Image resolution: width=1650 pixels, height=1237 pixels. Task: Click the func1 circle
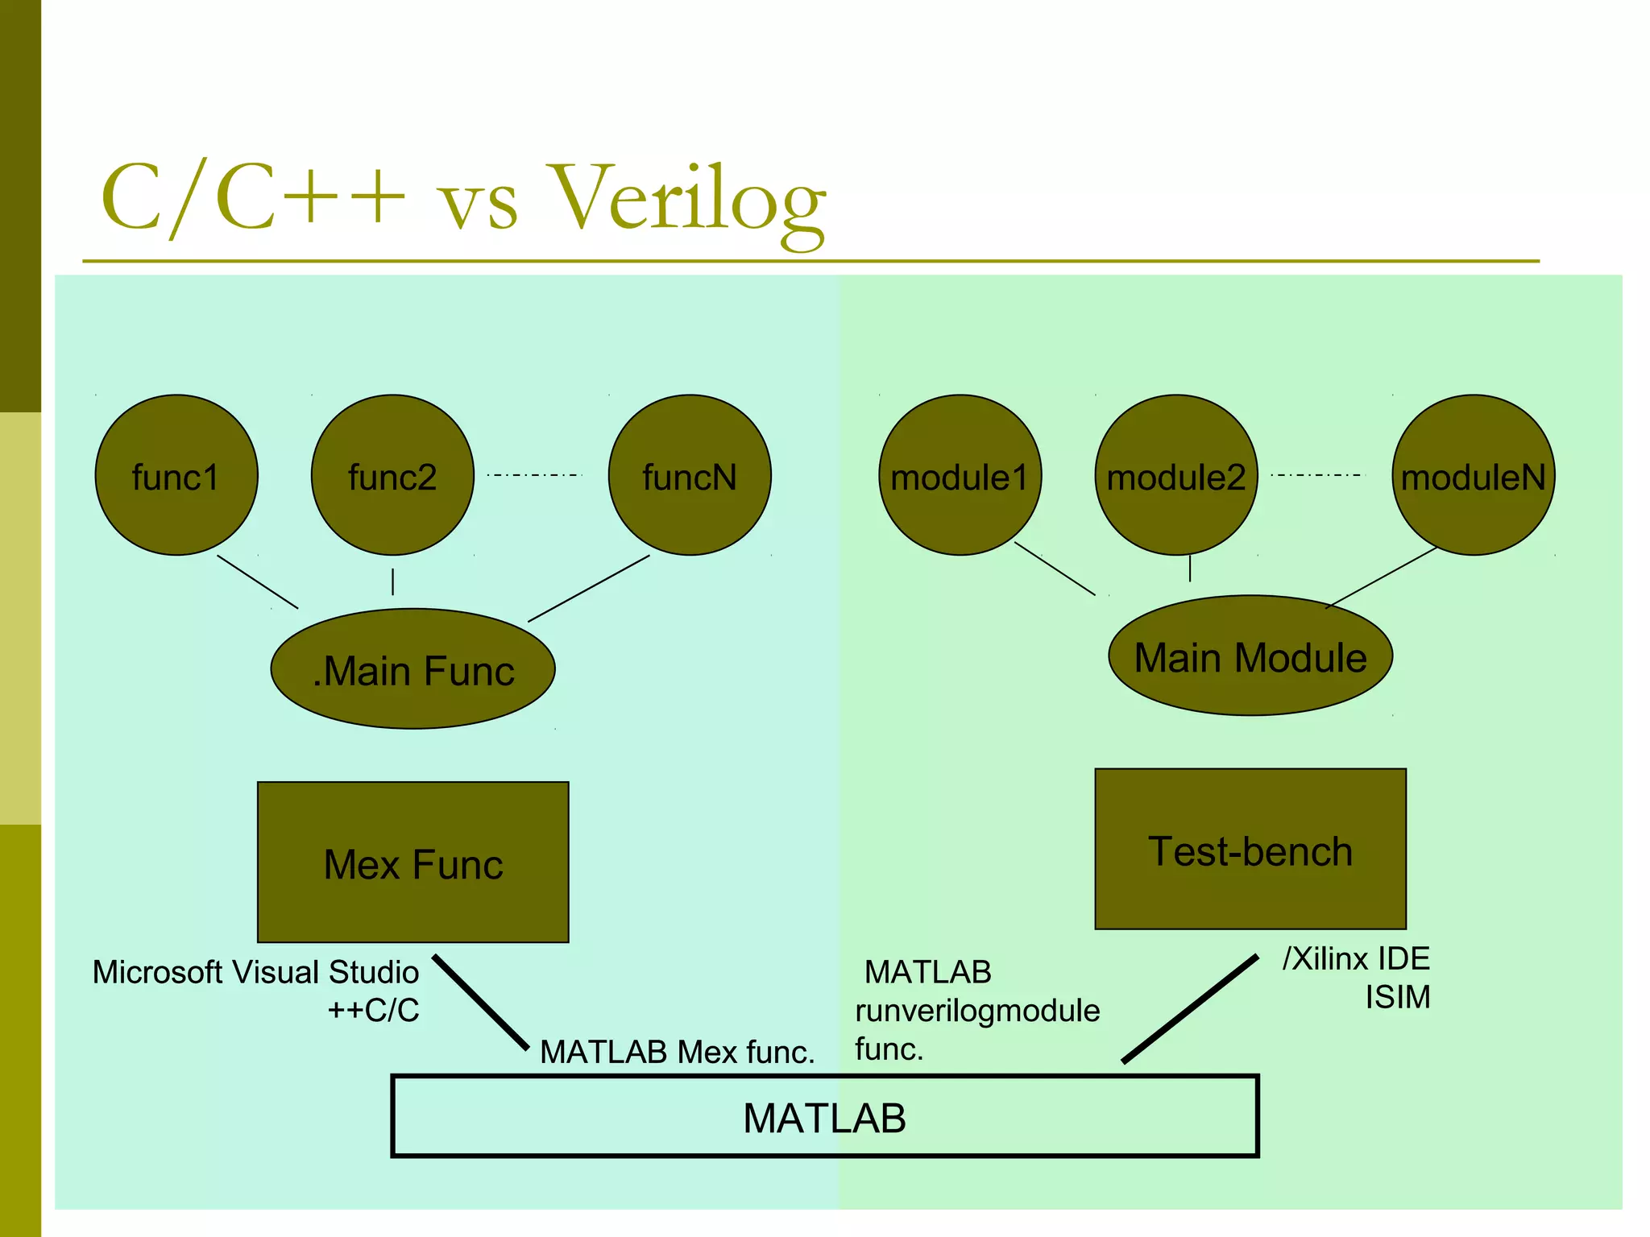click(x=176, y=475)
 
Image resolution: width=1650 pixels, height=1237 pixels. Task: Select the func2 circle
click(x=392, y=475)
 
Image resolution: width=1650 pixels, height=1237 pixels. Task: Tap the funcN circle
click(x=690, y=475)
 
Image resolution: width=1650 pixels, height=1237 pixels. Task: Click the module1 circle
click(x=960, y=475)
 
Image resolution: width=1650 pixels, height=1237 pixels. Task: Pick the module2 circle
click(x=1176, y=475)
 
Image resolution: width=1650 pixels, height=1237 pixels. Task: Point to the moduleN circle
click(x=1474, y=475)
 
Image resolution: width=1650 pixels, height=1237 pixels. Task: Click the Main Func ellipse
click(x=412, y=669)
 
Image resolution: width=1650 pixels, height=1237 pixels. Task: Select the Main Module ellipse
click(x=1250, y=656)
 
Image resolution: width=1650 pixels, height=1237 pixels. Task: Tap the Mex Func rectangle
click(x=412, y=862)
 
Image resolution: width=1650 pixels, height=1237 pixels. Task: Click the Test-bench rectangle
click(x=1250, y=849)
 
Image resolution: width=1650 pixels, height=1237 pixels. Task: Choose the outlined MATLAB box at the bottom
click(x=824, y=1117)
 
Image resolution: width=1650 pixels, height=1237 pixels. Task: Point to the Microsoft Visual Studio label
click(x=255, y=972)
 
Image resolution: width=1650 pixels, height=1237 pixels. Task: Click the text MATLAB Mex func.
click(x=677, y=1052)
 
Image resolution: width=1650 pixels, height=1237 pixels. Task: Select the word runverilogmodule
click(x=977, y=1011)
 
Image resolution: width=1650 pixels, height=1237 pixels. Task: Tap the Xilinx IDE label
click(x=1356, y=958)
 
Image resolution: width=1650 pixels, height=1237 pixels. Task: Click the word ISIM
click(x=1398, y=997)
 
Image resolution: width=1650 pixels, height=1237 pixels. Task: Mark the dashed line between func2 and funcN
click(x=534, y=475)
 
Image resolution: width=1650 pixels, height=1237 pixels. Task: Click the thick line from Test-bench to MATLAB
click(x=1190, y=1008)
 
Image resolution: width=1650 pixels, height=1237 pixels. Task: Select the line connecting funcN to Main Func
click(x=588, y=589)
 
